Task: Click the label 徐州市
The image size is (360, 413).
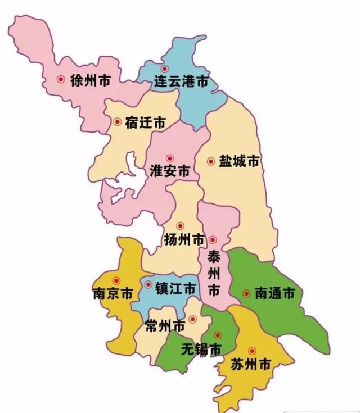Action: click(x=90, y=80)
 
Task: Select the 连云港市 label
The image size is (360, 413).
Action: click(x=181, y=82)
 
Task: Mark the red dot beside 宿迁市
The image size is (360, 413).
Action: click(x=117, y=121)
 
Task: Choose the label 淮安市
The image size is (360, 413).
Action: click(x=170, y=171)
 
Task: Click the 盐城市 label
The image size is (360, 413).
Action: click(x=238, y=161)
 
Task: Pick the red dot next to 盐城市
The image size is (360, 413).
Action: click(x=211, y=161)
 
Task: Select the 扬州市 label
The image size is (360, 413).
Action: click(x=184, y=240)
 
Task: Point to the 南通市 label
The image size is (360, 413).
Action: click(x=274, y=293)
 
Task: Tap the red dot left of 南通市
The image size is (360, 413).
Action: click(x=246, y=293)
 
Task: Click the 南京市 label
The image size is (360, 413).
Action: click(x=112, y=294)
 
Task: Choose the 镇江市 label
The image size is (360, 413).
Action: click(x=175, y=289)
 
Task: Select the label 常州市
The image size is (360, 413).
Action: click(x=165, y=326)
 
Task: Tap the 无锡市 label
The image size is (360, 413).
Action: click(x=201, y=349)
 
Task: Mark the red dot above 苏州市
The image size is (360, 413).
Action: click(x=252, y=351)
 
